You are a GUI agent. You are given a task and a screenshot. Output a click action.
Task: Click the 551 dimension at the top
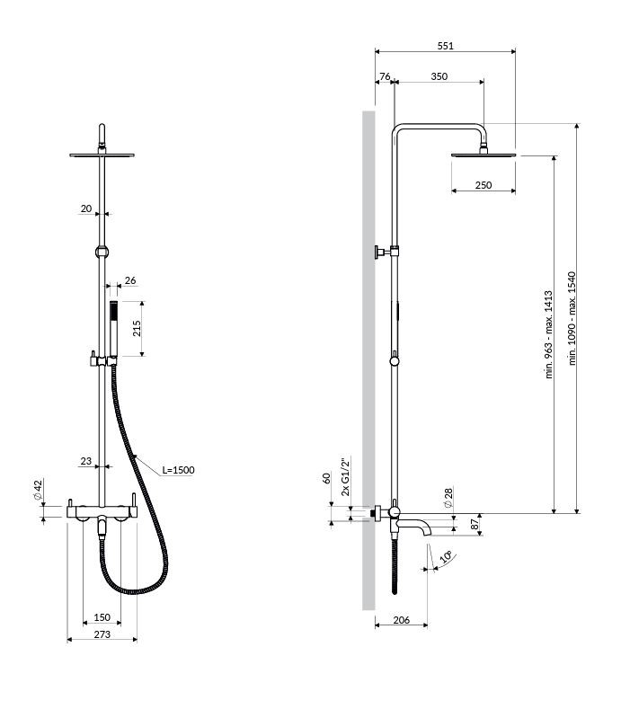(445, 46)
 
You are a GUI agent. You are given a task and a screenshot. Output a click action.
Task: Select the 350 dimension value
(439, 76)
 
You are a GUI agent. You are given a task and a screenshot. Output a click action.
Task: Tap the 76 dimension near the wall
(385, 76)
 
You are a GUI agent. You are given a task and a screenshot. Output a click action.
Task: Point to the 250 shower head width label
(483, 185)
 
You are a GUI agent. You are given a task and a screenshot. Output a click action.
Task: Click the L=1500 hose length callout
(178, 470)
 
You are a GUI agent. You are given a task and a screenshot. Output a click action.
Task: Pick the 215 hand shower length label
(137, 328)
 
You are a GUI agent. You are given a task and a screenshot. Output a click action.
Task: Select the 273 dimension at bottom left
(102, 634)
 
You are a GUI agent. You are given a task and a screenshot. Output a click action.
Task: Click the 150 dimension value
(102, 617)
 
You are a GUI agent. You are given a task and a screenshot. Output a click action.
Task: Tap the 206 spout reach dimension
(401, 620)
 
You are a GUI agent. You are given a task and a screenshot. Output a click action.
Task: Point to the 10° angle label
(447, 556)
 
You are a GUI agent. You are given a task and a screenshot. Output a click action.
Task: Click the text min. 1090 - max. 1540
(572, 318)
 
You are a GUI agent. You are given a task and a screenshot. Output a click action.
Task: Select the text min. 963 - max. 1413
(548, 334)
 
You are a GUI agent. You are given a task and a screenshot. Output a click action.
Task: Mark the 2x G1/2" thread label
(346, 477)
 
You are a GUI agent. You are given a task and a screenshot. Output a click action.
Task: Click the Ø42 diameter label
(38, 490)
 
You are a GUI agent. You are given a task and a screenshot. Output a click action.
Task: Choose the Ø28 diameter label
(448, 498)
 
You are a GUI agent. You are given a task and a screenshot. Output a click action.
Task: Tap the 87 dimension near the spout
(475, 525)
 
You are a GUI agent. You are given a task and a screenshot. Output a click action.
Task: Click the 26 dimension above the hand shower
(130, 280)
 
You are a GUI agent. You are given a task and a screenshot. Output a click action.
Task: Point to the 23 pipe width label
(86, 461)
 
